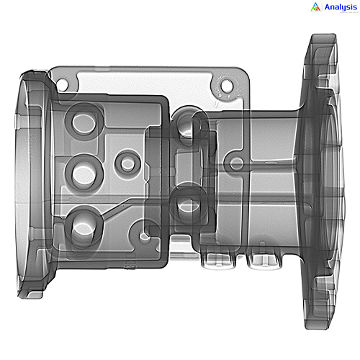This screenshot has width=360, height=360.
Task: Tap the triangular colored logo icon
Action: (x=315, y=7)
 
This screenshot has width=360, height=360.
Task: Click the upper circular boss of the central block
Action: (x=186, y=127)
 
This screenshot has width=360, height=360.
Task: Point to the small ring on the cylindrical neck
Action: (x=236, y=164)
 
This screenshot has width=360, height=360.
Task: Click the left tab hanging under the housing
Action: (x=215, y=259)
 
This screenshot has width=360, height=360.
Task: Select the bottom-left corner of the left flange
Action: (x=29, y=288)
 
